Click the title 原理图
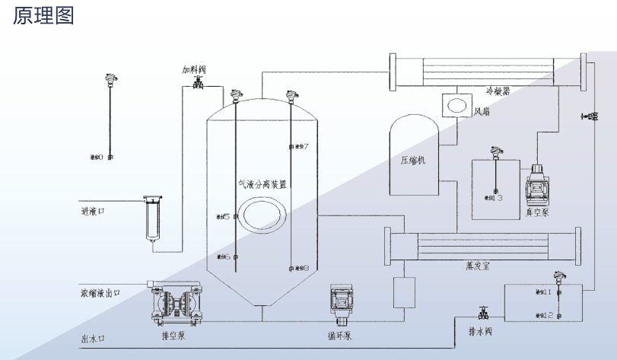[43, 16]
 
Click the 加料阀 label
[194, 69]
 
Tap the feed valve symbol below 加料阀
[198, 84]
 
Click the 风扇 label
[482, 112]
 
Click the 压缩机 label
[413, 161]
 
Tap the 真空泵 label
[537, 213]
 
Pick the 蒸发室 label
[479, 266]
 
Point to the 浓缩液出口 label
[100, 292]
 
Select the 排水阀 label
[482, 332]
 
